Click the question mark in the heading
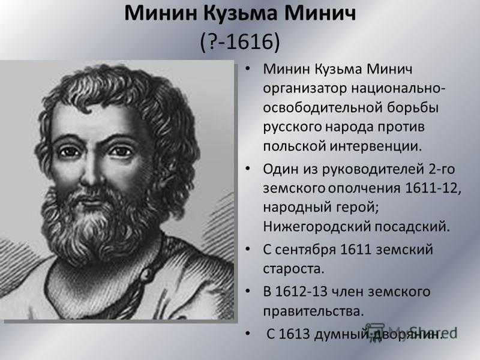[213, 41]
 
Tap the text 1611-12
[433, 188]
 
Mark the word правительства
[313, 311]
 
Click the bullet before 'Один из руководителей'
[248, 169]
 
